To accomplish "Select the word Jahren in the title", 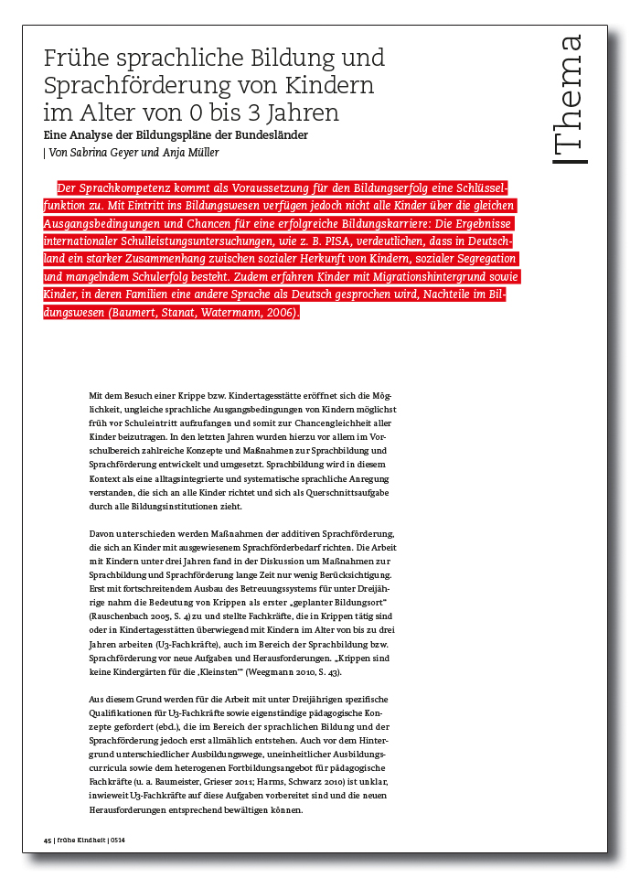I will (x=303, y=113).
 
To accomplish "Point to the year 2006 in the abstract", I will (x=280, y=313).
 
